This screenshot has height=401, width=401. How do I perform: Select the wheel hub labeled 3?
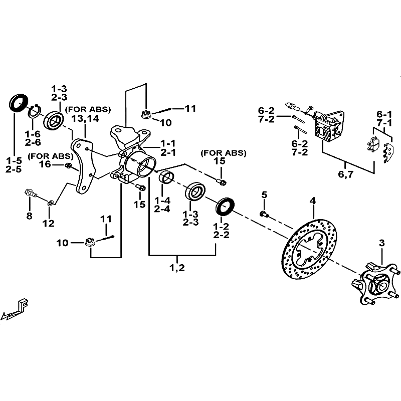373,283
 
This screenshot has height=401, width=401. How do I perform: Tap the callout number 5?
264,194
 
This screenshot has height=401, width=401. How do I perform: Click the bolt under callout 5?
264,215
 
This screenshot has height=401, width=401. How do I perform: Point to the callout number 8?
30,217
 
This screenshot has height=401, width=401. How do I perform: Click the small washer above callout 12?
50,203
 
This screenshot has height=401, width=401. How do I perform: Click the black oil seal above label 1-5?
19,102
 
